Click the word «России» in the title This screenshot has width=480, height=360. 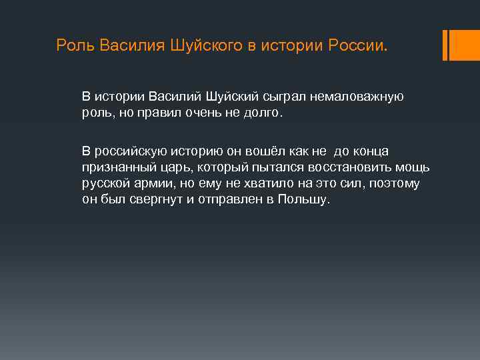click(353, 45)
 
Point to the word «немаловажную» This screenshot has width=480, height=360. click(361, 97)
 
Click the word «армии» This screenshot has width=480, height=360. click(155, 183)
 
